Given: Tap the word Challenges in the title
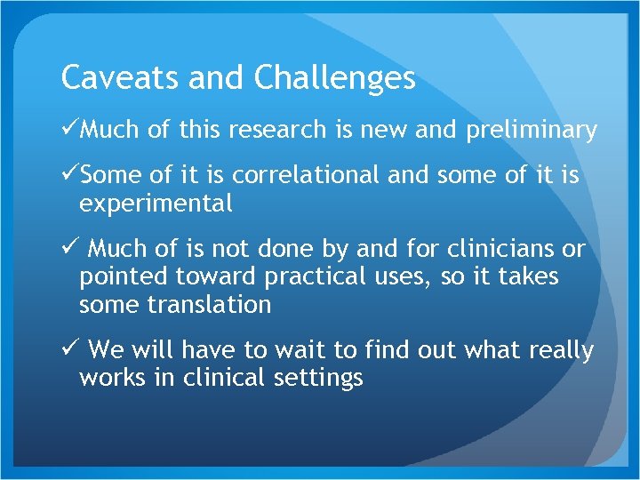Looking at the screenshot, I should pos(334,78).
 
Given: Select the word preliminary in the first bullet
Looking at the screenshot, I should pos(531,131).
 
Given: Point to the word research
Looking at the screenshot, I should pos(277,131).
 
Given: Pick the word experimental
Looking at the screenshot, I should pos(156,204).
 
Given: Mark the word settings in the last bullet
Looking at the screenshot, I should pos(319,378).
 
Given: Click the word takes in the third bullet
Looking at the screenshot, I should pos(528,277).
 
